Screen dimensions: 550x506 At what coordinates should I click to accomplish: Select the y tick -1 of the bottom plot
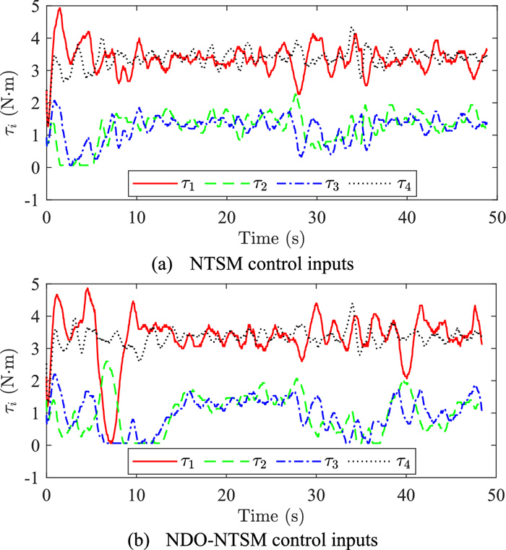[x=32, y=478]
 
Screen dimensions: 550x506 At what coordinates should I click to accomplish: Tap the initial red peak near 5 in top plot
[x=59, y=9]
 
